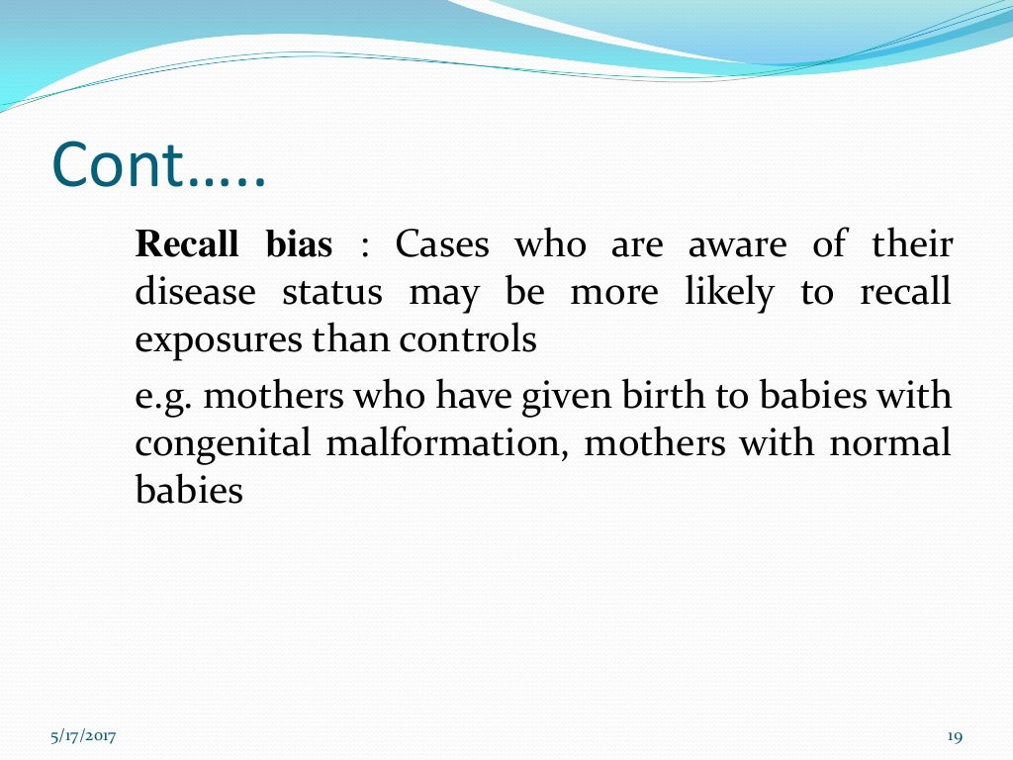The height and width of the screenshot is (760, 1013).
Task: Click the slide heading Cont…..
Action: point(158,166)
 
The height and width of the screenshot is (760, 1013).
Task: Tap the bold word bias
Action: point(299,244)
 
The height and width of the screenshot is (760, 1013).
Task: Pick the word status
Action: point(331,293)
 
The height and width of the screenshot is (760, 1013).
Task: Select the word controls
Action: point(467,340)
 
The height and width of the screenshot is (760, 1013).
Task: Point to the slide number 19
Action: point(955,736)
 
